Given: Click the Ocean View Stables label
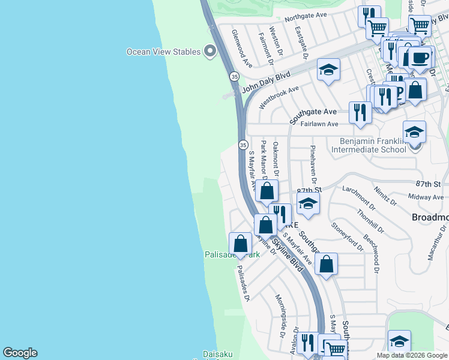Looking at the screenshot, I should [x=163, y=52].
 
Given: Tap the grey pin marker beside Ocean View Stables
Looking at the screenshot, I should [x=210, y=52].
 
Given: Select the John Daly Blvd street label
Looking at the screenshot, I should [x=266, y=82].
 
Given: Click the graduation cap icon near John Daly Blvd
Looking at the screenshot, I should [x=328, y=71].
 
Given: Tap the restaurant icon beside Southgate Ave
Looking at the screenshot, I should [x=360, y=112].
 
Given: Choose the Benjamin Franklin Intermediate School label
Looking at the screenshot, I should [x=372, y=145].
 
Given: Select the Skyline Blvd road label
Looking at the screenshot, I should [x=285, y=252].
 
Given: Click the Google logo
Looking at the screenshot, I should [x=20, y=353].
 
